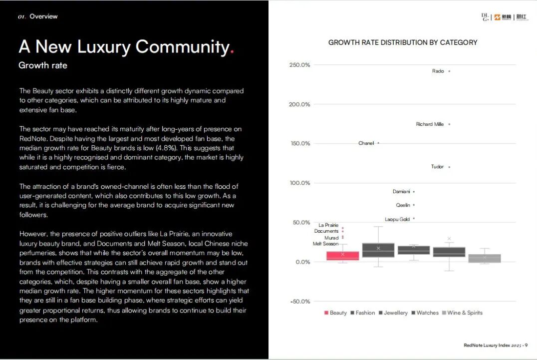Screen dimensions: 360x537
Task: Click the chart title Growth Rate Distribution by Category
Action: coord(402,42)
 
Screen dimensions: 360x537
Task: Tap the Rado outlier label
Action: coord(438,71)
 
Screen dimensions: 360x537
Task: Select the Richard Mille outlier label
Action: coord(430,124)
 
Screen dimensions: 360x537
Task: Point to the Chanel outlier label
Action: coord(366,143)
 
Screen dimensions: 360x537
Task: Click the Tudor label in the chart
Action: coord(437,167)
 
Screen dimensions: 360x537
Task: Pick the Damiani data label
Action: coord(401,192)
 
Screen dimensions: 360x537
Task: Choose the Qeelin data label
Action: coord(403,205)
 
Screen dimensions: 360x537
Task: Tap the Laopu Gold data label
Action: coord(397,219)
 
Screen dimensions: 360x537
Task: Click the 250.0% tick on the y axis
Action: coord(299,65)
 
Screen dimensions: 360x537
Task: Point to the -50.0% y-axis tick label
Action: coord(300,302)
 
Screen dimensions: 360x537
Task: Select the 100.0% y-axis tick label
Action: coord(300,183)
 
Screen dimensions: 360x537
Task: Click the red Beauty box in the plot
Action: coord(343,256)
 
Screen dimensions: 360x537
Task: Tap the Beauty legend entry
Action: coord(335,313)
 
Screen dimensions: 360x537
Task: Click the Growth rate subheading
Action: coord(43,65)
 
